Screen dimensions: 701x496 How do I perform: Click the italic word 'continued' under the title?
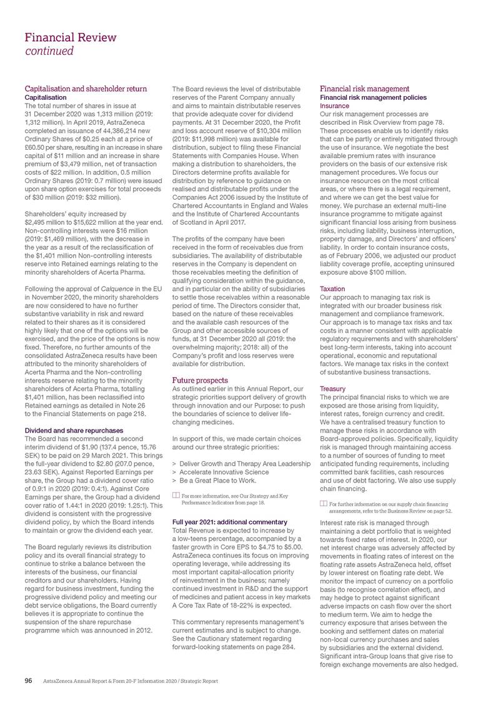49,51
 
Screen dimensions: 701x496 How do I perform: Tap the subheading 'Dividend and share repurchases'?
73,430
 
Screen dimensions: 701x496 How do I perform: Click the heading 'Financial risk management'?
364,89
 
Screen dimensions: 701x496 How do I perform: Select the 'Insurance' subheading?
334,106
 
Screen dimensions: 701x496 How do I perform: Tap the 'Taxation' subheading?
332,290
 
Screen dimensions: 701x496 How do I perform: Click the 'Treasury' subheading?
332,388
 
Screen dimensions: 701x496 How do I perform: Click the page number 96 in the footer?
28,680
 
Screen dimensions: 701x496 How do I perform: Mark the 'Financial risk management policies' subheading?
373,97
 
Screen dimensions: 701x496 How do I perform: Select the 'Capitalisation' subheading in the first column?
45,97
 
